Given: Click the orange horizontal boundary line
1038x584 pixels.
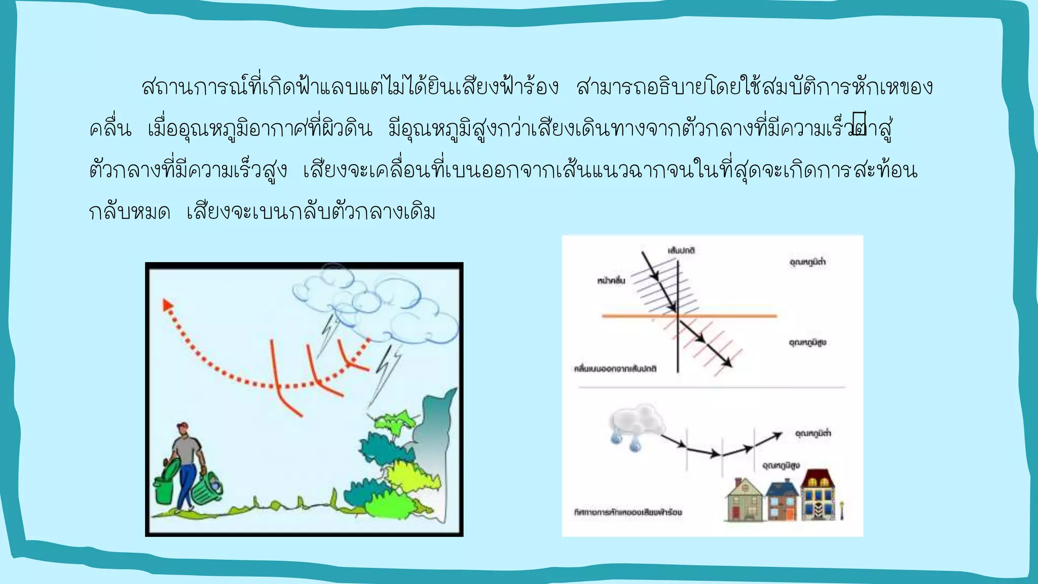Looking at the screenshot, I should pos(689,316).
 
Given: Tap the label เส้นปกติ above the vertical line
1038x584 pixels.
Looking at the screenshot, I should pos(681,250).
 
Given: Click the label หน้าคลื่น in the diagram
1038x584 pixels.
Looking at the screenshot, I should pos(611,280).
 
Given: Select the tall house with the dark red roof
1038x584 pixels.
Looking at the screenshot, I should pos(817,494).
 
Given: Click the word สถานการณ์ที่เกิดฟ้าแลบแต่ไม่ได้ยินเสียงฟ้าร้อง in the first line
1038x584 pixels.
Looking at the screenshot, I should pos(350,87).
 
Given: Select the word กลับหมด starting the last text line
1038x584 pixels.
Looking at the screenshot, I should pos(129,212).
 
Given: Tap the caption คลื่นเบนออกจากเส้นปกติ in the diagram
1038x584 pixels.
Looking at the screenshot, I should pos(615,369).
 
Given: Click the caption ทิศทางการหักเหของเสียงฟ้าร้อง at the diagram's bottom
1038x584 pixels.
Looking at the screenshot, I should pos(627,512).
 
